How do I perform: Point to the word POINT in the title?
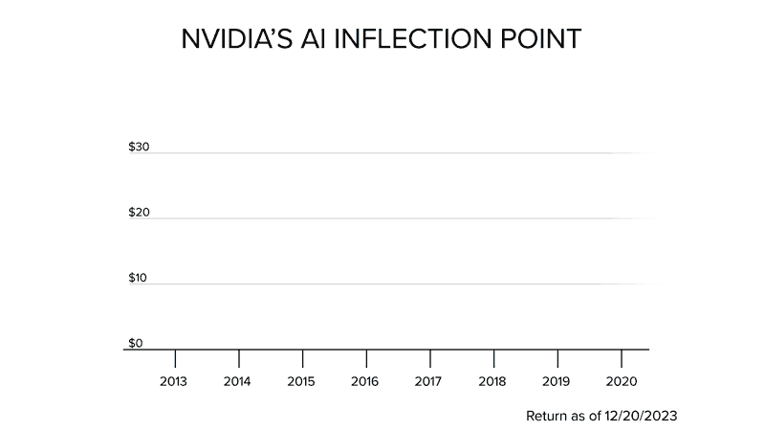(x=544, y=41)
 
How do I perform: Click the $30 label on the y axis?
(x=138, y=147)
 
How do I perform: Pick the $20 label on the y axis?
(x=138, y=213)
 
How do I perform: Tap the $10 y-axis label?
(x=138, y=278)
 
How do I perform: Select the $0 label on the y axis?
(x=135, y=342)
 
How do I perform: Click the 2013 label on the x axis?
(x=174, y=381)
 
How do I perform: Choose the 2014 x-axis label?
(x=238, y=381)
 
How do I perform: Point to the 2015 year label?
(x=302, y=381)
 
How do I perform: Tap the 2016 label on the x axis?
(x=365, y=381)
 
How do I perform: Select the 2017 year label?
(x=429, y=381)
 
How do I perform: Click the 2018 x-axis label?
(x=493, y=381)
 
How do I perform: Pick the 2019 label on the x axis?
(x=557, y=381)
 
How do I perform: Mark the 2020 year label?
(x=621, y=381)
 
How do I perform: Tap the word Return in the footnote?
(x=547, y=418)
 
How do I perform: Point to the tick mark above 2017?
(x=430, y=358)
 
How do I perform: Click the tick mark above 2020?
(x=622, y=358)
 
